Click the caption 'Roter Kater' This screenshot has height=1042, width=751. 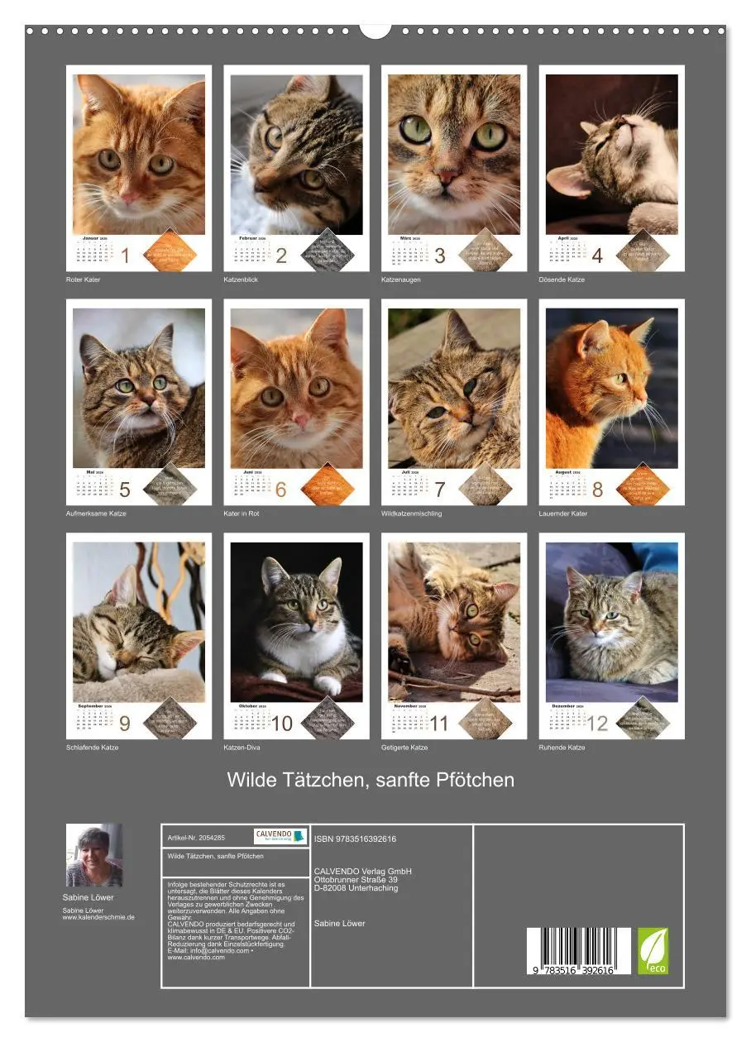click(83, 280)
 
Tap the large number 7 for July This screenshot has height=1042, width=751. click(439, 490)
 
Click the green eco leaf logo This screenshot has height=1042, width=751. click(653, 951)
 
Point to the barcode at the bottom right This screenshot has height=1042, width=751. click(578, 951)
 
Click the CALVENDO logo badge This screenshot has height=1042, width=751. click(280, 836)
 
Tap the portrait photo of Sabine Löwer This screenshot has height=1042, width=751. click(94, 855)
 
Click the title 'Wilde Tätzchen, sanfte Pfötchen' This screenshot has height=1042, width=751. click(371, 780)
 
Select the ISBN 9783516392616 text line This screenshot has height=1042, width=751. click(355, 839)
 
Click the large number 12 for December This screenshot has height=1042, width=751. click(596, 724)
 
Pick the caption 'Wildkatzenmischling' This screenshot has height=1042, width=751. click(411, 514)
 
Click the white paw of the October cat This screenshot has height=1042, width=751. click(328, 686)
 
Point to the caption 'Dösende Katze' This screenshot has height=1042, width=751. click(562, 280)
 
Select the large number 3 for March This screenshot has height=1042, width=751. click(439, 256)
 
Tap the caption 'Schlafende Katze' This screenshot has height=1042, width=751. click(92, 748)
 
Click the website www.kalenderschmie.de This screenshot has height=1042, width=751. click(98, 917)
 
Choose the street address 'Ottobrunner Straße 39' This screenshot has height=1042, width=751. click(356, 880)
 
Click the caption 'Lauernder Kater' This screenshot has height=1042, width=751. click(564, 514)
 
